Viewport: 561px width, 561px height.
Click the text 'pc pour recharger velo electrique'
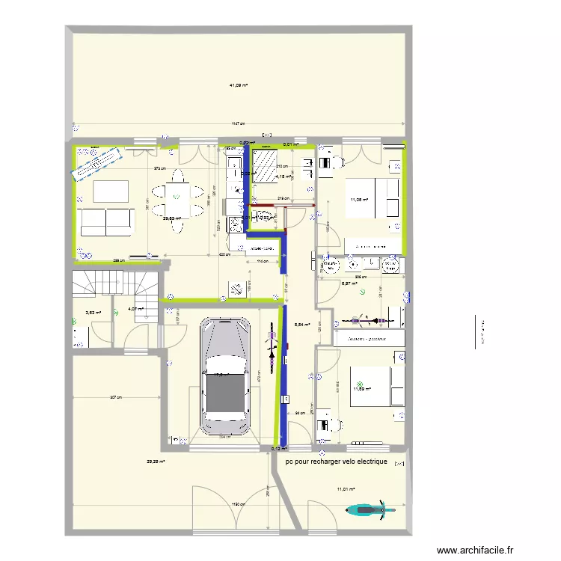click(x=337, y=462)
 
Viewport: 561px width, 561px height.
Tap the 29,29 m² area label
click(x=156, y=462)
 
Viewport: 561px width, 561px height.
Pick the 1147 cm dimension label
click(x=238, y=124)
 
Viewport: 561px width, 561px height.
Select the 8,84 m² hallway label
click(x=302, y=325)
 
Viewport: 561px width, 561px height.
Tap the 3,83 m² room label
click(x=93, y=313)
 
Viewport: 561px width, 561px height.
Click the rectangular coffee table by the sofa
click(x=109, y=190)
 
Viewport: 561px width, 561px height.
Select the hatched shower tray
click(x=264, y=165)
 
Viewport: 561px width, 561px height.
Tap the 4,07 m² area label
click(x=135, y=308)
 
